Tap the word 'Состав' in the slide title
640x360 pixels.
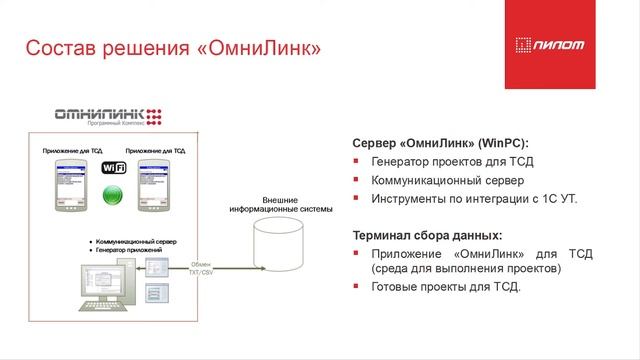(54, 48)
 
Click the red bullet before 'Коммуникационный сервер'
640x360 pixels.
(357, 180)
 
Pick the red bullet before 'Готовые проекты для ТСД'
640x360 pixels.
(357, 288)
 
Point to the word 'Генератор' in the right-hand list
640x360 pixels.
(401, 161)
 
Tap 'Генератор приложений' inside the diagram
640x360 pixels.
(131, 249)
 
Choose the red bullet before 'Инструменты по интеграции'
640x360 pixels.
(357, 199)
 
